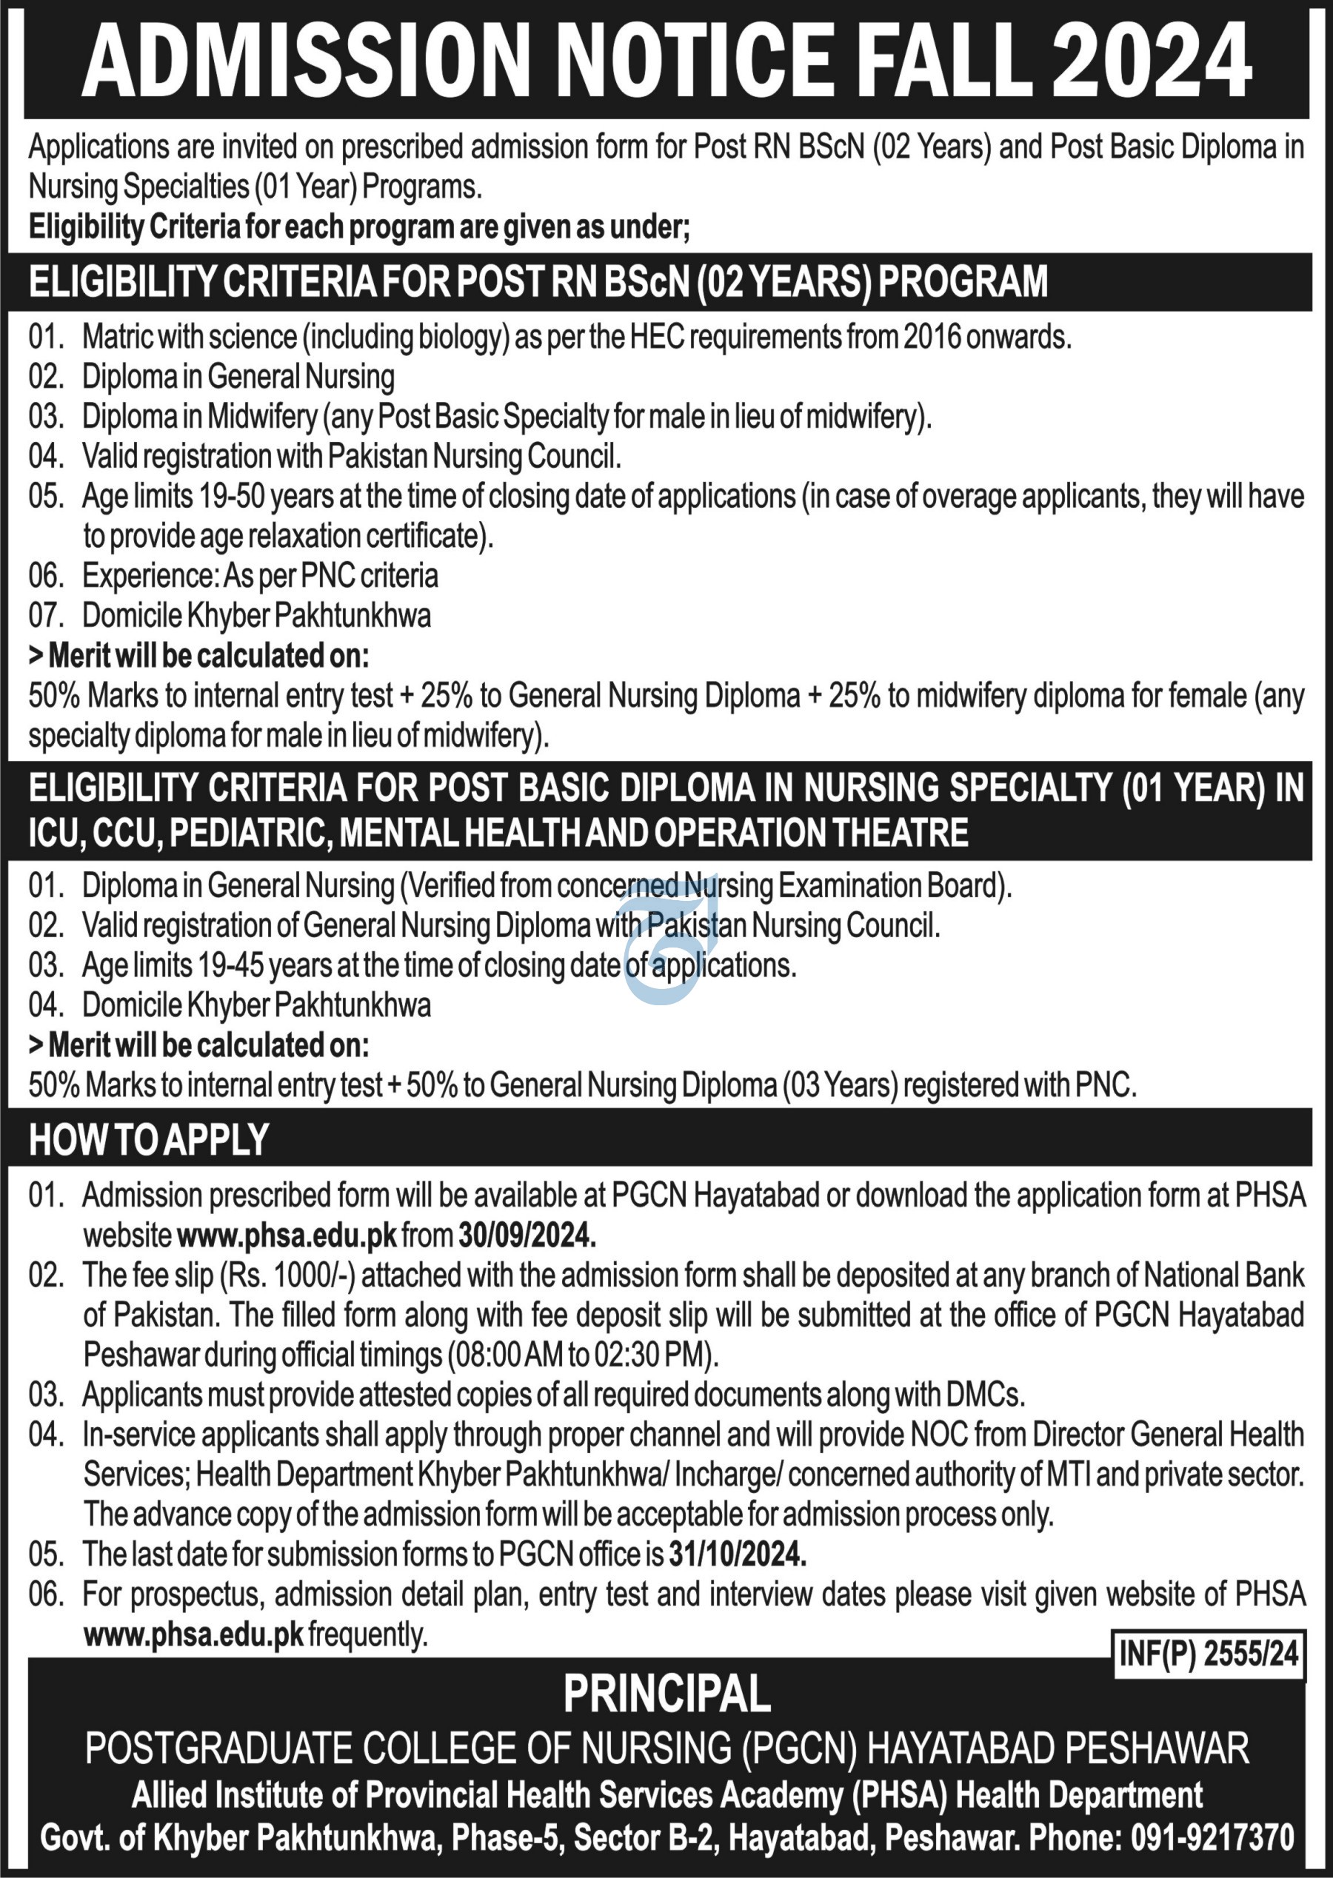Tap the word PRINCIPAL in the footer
(x=666, y=1694)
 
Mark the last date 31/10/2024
(x=737, y=1554)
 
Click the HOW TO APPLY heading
(x=149, y=1139)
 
